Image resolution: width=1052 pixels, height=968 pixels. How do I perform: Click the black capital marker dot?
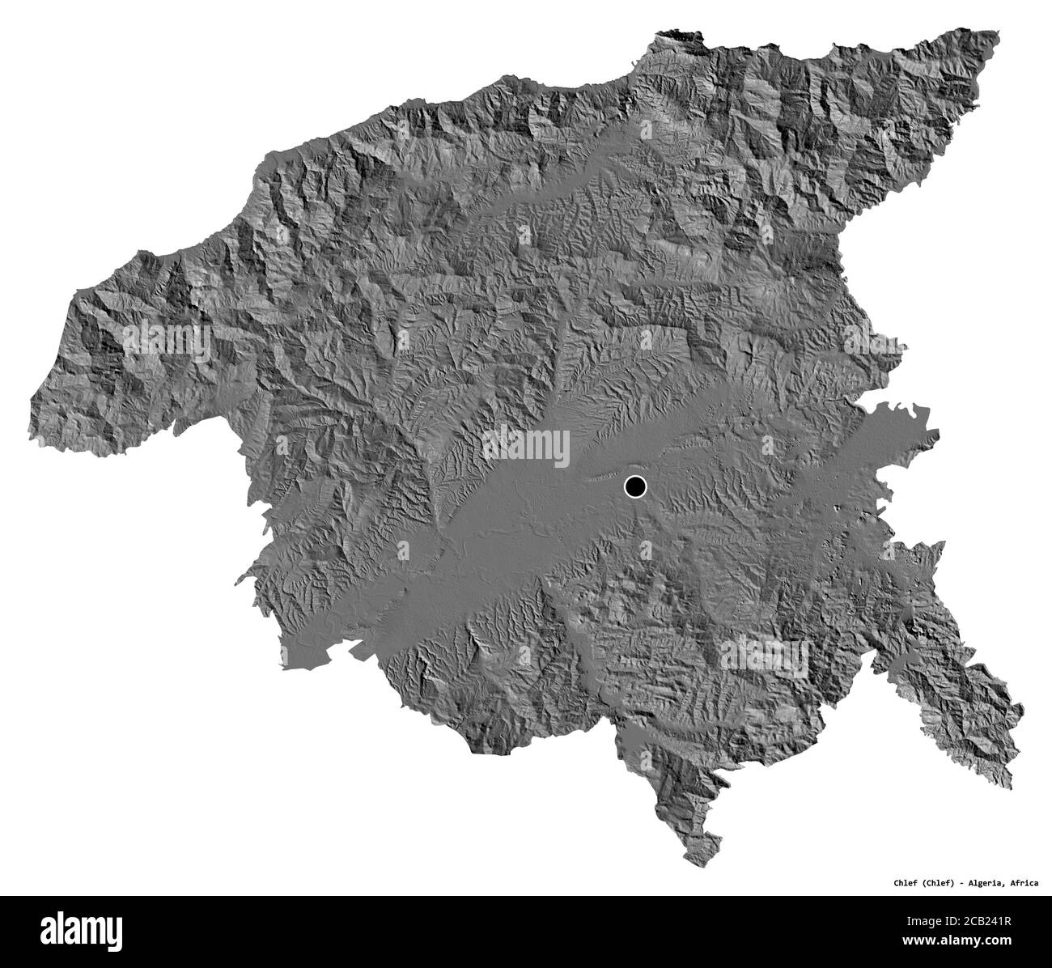pyautogui.click(x=636, y=486)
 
